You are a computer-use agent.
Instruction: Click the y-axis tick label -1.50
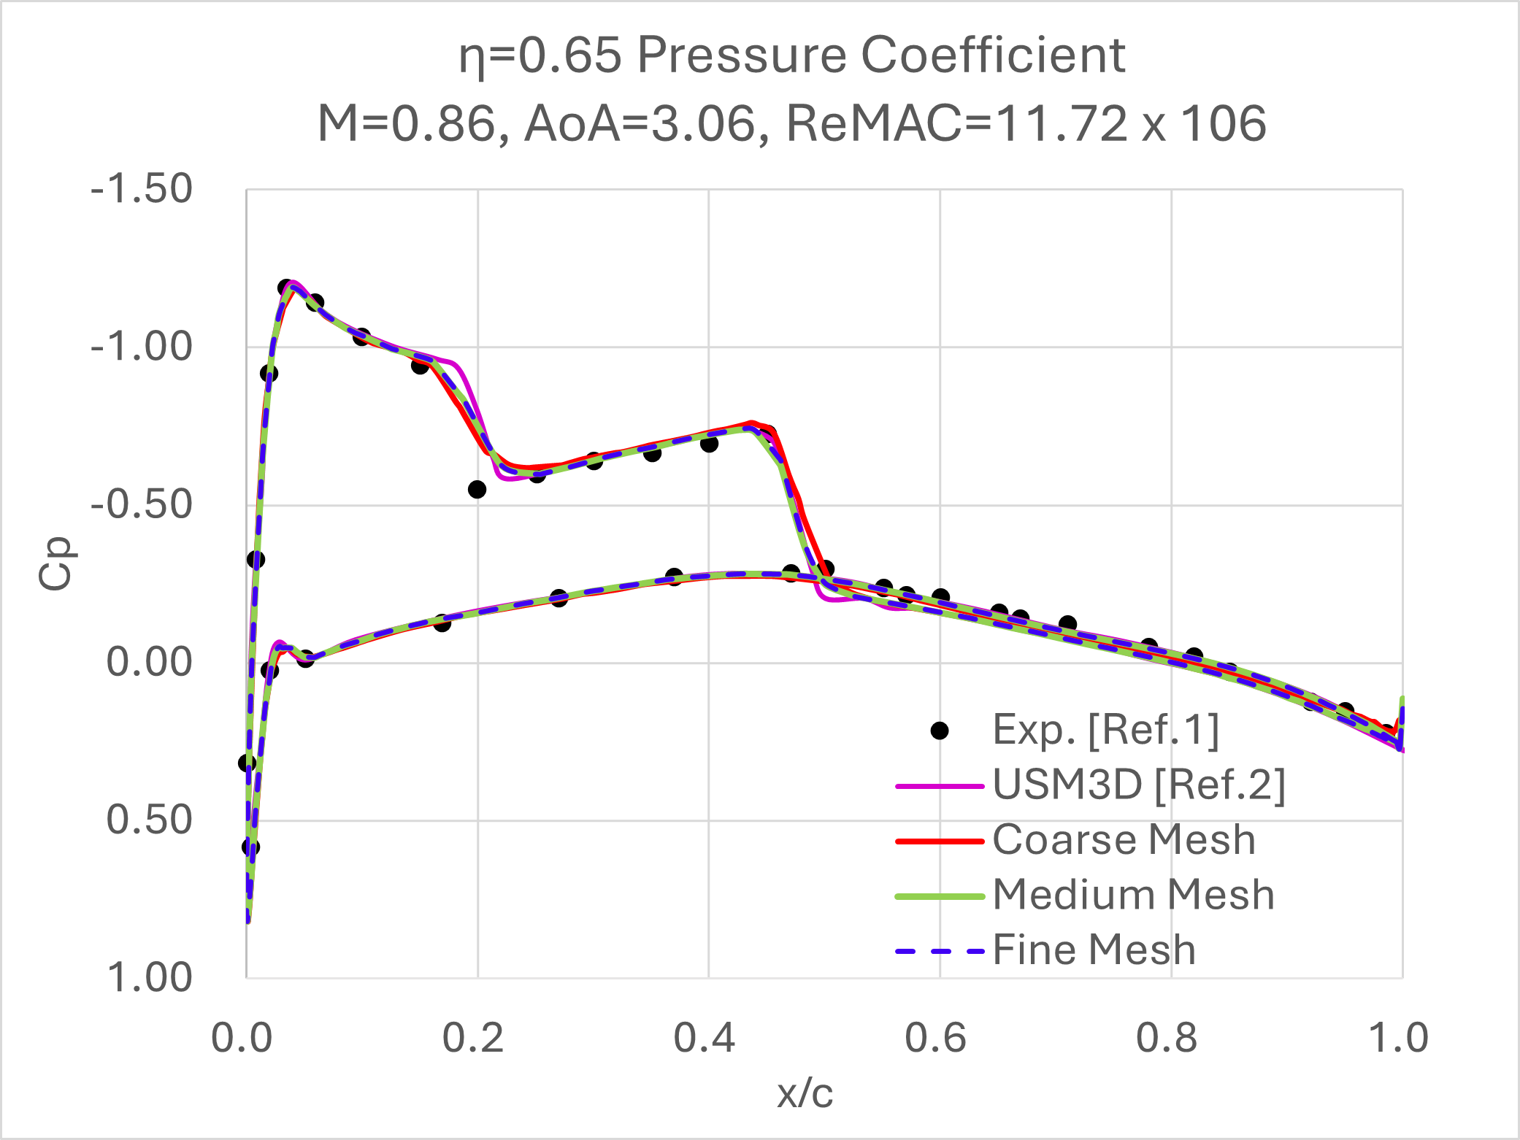coord(141,189)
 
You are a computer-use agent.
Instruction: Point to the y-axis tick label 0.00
coord(149,663)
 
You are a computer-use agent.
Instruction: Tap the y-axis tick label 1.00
coord(149,977)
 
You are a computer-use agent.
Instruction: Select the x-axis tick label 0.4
coord(704,1038)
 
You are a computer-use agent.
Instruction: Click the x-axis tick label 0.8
coord(1166,1038)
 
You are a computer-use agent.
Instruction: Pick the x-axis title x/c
coord(805,1093)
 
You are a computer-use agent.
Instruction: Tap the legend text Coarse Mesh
coord(1124,840)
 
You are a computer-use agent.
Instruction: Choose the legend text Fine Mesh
coord(1094,950)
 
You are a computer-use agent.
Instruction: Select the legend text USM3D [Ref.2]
coord(1139,785)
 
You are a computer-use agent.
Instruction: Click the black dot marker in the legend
coord(940,731)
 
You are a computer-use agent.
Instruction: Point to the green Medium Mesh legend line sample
coord(940,896)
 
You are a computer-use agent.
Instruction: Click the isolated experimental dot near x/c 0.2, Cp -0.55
coord(477,490)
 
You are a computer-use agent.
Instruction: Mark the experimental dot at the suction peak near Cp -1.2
coord(285,288)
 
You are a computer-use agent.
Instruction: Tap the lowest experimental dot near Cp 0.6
coord(250,847)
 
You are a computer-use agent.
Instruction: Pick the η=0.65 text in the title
coord(540,55)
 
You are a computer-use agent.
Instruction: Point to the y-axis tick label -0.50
coord(141,505)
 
